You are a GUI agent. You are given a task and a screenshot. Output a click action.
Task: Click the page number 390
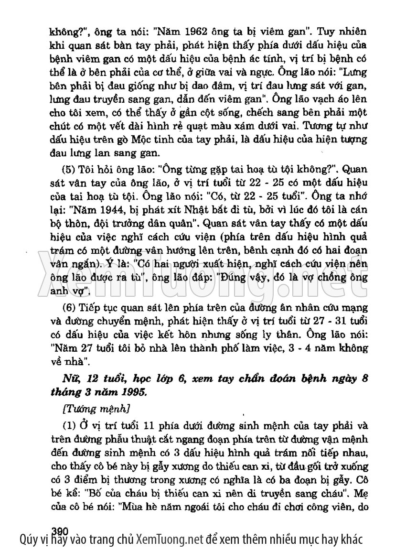coord(60,531)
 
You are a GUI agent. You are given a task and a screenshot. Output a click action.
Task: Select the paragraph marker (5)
coord(70,170)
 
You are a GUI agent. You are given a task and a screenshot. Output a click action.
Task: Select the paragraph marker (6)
coord(70,307)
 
